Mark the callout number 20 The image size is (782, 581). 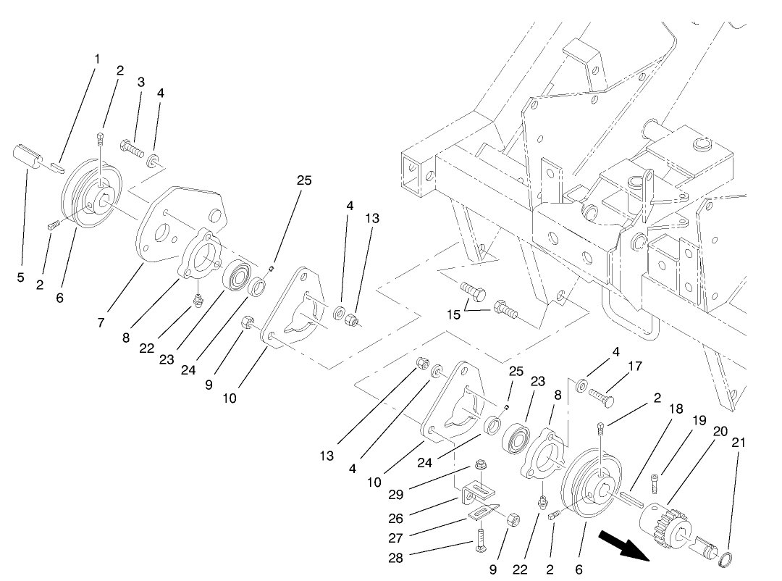699,430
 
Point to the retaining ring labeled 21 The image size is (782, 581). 725,559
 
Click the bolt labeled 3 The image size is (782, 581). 132,149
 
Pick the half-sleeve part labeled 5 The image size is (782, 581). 28,157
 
